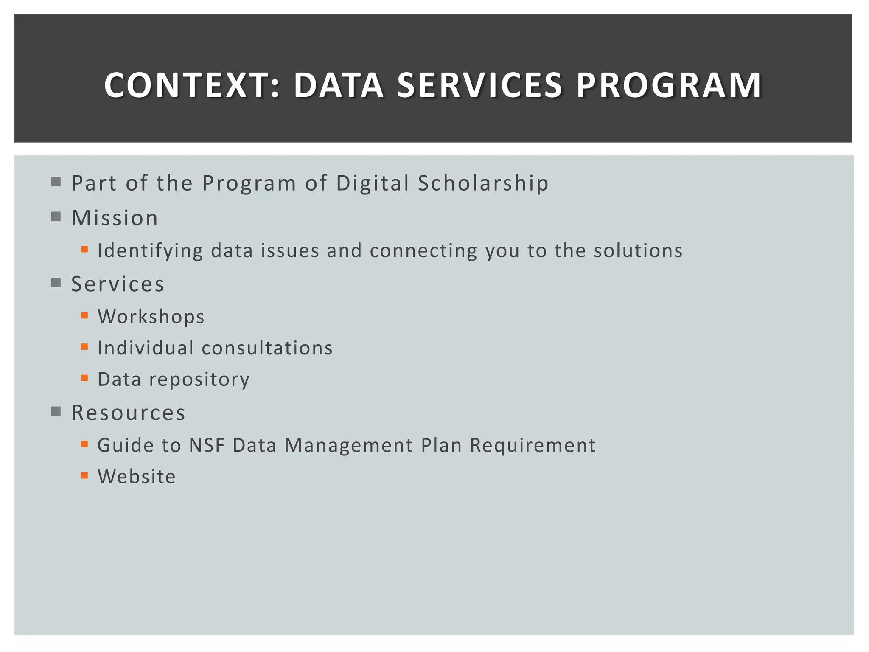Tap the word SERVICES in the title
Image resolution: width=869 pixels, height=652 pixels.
pyautogui.click(x=479, y=85)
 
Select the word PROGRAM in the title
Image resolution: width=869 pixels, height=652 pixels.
pyautogui.click(x=669, y=85)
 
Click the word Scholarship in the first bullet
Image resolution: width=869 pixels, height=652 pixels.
pyautogui.click(x=483, y=183)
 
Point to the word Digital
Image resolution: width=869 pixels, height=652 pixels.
pyautogui.click(x=372, y=183)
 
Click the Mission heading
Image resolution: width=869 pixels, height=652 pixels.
pyautogui.click(x=115, y=218)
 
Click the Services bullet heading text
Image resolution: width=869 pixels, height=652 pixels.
pyautogui.click(x=118, y=284)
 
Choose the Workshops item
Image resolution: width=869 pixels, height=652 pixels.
pyautogui.click(x=151, y=317)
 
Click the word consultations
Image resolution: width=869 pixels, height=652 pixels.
pyautogui.click(x=267, y=348)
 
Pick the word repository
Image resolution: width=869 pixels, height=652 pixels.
pyautogui.click(x=199, y=379)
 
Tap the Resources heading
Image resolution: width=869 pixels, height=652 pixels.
pyautogui.click(x=128, y=413)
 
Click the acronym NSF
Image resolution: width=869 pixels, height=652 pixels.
pyautogui.click(x=207, y=445)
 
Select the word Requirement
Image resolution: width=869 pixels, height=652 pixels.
pyautogui.click(x=533, y=445)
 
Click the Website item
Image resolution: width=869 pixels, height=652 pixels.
pyautogui.click(x=137, y=477)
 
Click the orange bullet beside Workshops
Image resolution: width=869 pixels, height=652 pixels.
pyautogui.click(x=85, y=315)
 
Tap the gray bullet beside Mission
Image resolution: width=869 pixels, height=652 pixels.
pyautogui.click(x=56, y=217)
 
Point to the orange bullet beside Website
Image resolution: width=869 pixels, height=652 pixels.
pyautogui.click(x=85, y=475)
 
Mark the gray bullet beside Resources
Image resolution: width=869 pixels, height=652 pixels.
pyautogui.click(x=56, y=411)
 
